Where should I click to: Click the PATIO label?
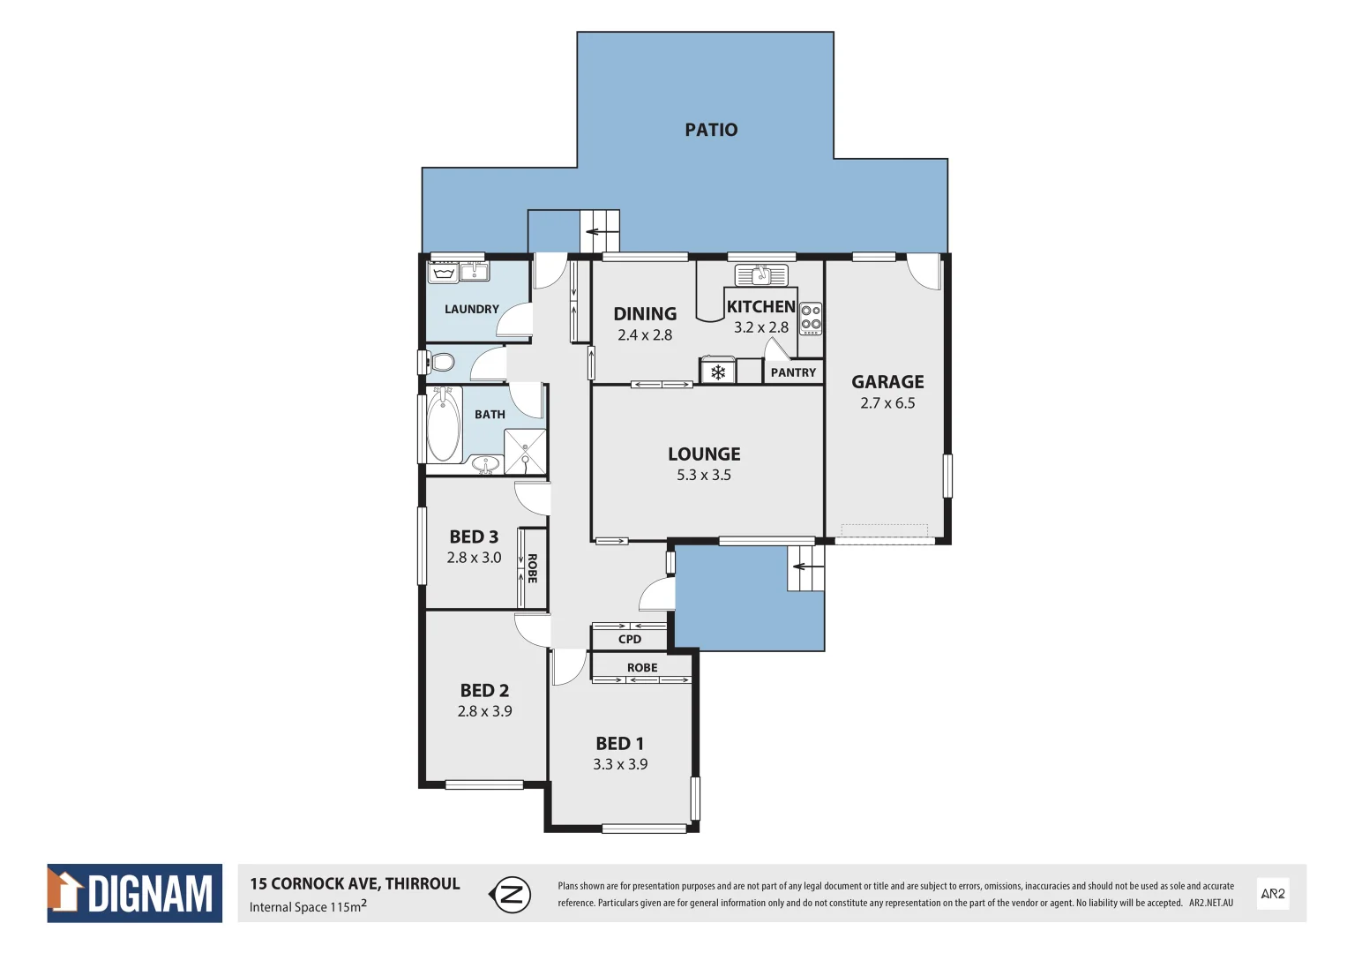pyautogui.click(x=711, y=130)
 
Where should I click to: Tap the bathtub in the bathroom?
pyautogui.click(x=443, y=425)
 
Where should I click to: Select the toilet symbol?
pyautogui.click(x=440, y=362)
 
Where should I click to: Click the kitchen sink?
pyautogui.click(x=761, y=275)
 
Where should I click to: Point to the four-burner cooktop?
pyautogui.click(x=811, y=319)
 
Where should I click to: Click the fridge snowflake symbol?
pyautogui.click(x=718, y=372)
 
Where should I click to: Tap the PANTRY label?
pyautogui.click(x=793, y=372)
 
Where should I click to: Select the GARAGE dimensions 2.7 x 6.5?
pyautogui.click(x=887, y=403)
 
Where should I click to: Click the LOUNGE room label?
pyautogui.click(x=704, y=454)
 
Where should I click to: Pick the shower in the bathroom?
pyautogui.click(x=525, y=451)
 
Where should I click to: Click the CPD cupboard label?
pyautogui.click(x=630, y=639)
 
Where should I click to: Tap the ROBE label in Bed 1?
pyautogui.click(x=642, y=668)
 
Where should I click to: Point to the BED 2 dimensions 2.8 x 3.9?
pyautogui.click(x=484, y=711)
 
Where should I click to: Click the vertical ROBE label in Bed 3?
pyautogui.click(x=532, y=568)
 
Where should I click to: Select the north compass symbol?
pyautogui.click(x=510, y=895)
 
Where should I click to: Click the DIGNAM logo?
pyautogui.click(x=135, y=893)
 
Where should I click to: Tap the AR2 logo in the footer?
pyautogui.click(x=1273, y=894)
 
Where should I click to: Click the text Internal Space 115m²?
pyautogui.click(x=308, y=907)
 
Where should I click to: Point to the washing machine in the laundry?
pyautogui.click(x=443, y=273)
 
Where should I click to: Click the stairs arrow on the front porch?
pyautogui.click(x=801, y=567)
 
